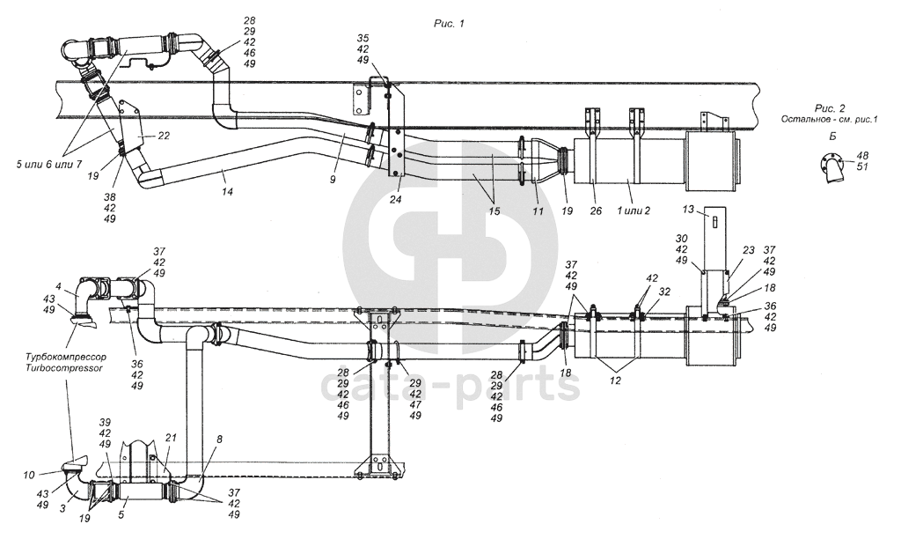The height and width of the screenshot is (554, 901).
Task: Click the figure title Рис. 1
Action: tap(448, 24)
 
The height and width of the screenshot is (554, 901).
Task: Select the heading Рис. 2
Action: tap(830, 108)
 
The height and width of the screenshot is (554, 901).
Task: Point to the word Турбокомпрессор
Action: tap(65, 358)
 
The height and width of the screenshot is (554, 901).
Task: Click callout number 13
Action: tap(688, 210)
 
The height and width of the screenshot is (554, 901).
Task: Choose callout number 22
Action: tap(164, 136)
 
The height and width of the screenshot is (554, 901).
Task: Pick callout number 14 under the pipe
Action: tap(228, 192)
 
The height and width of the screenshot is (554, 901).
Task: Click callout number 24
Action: tap(395, 200)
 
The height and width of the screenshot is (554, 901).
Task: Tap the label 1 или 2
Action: tap(634, 211)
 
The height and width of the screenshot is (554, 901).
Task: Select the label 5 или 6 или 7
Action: tap(49, 165)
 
